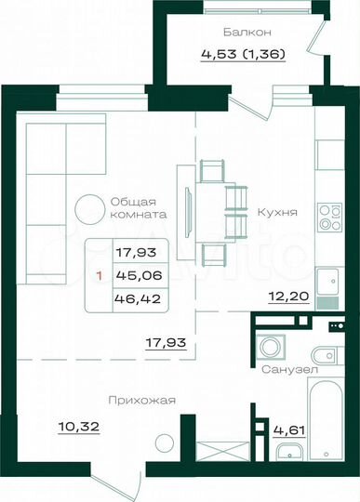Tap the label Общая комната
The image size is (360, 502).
click(138, 207)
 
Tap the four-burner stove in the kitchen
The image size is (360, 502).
click(329, 218)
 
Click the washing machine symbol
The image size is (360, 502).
click(269, 347)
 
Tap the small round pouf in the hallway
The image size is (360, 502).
click(165, 444)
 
